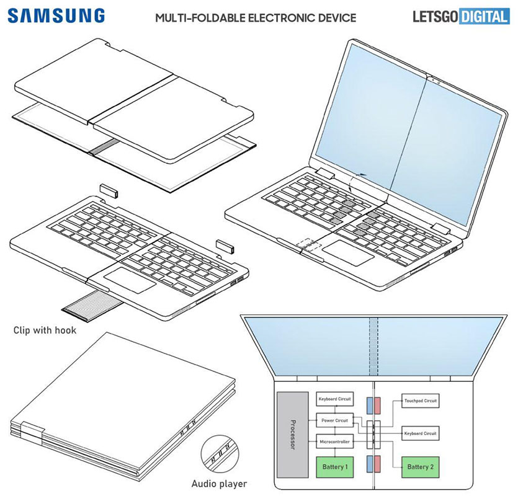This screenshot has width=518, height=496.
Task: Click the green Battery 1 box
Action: click(x=336, y=466)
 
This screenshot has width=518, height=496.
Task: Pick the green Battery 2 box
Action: click(x=421, y=466)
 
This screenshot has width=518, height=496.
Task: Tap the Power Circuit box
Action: click(x=336, y=420)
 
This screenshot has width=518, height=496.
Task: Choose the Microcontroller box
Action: click(x=336, y=441)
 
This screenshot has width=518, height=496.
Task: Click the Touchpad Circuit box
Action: click(x=421, y=401)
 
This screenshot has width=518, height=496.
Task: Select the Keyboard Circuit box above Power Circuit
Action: click(x=336, y=399)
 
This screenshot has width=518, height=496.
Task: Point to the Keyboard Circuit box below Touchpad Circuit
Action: click(x=421, y=432)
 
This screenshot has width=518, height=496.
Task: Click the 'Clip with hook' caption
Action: click(x=45, y=330)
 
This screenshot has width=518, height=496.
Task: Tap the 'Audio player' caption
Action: click(x=218, y=483)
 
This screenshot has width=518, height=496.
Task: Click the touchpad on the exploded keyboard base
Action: click(x=130, y=281)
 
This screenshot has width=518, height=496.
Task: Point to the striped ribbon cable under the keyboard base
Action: click(x=90, y=305)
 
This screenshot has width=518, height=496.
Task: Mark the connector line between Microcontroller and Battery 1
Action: click(x=336, y=451)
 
